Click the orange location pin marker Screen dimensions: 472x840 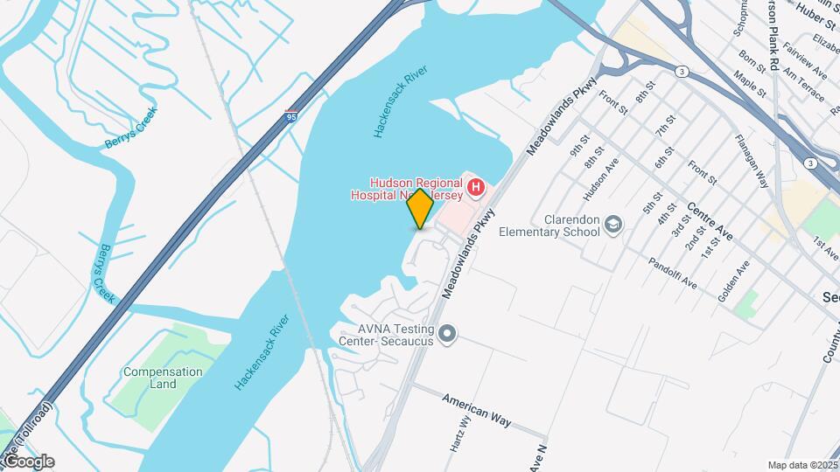[x=421, y=209]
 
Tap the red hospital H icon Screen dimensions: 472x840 [x=475, y=186]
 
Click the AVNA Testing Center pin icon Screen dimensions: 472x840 [x=448, y=334]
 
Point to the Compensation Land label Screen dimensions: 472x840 [x=163, y=378]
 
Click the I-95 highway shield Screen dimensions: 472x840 [x=290, y=115]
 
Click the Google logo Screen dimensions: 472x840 [x=28, y=461]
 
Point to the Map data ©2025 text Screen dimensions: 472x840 [x=801, y=465]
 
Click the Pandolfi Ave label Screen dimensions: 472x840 [x=673, y=273]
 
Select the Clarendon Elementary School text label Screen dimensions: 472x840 [x=549, y=226]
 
